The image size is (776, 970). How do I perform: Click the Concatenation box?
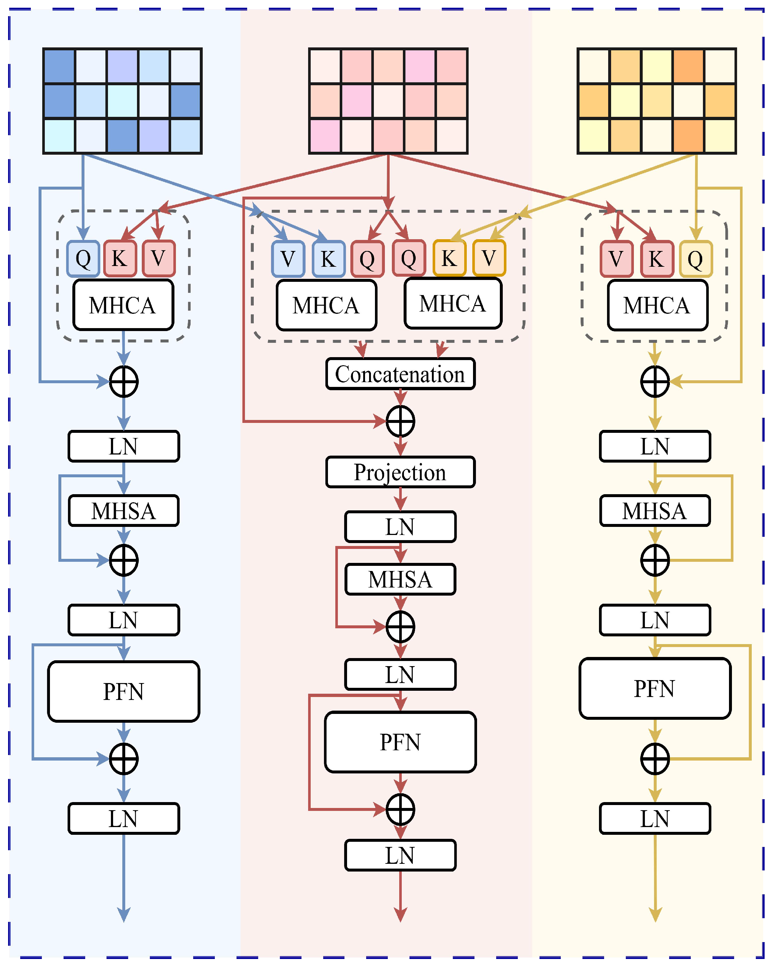click(x=400, y=374)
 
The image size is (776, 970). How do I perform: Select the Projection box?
click(x=400, y=472)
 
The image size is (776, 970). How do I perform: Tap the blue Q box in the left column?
click(x=83, y=259)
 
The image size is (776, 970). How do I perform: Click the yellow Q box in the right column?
click(x=696, y=259)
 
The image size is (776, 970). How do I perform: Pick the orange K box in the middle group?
click(x=449, y=258)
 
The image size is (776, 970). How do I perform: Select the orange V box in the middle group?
click(x=489, y=258)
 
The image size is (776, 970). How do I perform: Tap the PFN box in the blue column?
click(x=124, y=691)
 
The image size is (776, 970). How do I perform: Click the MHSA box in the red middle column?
click(x=400, y=579)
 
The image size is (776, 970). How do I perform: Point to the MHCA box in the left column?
click(x=123, y=305)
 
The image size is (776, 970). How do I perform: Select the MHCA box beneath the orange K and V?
click(x=453, y=303)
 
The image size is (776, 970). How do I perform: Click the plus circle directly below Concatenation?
click(x=400, y=421)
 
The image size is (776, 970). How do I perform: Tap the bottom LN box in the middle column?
click(x=400, y=855)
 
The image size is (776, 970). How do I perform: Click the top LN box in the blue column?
click(x=124, y=446)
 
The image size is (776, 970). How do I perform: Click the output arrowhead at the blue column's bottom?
click(x=124, y=914)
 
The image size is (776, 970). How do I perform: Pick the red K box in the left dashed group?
click(x=120, y=259)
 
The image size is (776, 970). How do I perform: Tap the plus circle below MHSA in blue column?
click(x=124, y=560)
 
